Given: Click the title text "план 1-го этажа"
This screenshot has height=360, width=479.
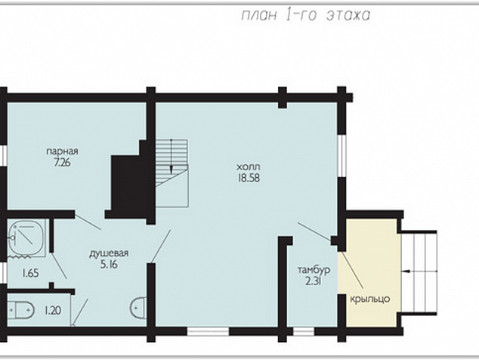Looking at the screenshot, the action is point(306,15).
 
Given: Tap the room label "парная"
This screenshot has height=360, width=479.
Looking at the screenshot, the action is point(62,151).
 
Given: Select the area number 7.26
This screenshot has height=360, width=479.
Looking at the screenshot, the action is point(62,163).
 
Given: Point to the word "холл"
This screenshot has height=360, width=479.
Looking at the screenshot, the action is point(249,167).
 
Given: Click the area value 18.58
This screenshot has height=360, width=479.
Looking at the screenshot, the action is point(249,178).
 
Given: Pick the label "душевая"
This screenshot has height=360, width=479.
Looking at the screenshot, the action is point(109,253).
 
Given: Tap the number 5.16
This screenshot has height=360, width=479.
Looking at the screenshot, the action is point(109,265).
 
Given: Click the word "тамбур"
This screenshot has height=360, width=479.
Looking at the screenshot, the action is point(314,270).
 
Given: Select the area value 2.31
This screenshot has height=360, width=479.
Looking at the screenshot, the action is point(313,281).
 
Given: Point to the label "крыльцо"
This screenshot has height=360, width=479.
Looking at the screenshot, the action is point(370,299).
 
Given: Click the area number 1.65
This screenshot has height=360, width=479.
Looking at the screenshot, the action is point(30,273).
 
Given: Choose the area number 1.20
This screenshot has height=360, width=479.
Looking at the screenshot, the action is point(53,311).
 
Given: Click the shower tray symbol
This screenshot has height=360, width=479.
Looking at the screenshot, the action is point(26,238).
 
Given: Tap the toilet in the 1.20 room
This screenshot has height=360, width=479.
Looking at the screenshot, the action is point(20,310).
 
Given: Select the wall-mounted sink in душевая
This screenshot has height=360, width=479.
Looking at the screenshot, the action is point(138,308).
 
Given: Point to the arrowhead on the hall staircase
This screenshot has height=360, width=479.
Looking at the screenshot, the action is point(172,169).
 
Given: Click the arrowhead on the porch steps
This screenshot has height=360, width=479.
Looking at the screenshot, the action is point(407,271).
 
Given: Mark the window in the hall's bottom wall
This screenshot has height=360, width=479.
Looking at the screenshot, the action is point(208,331).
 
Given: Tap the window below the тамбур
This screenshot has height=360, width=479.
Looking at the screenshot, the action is point(304,331).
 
